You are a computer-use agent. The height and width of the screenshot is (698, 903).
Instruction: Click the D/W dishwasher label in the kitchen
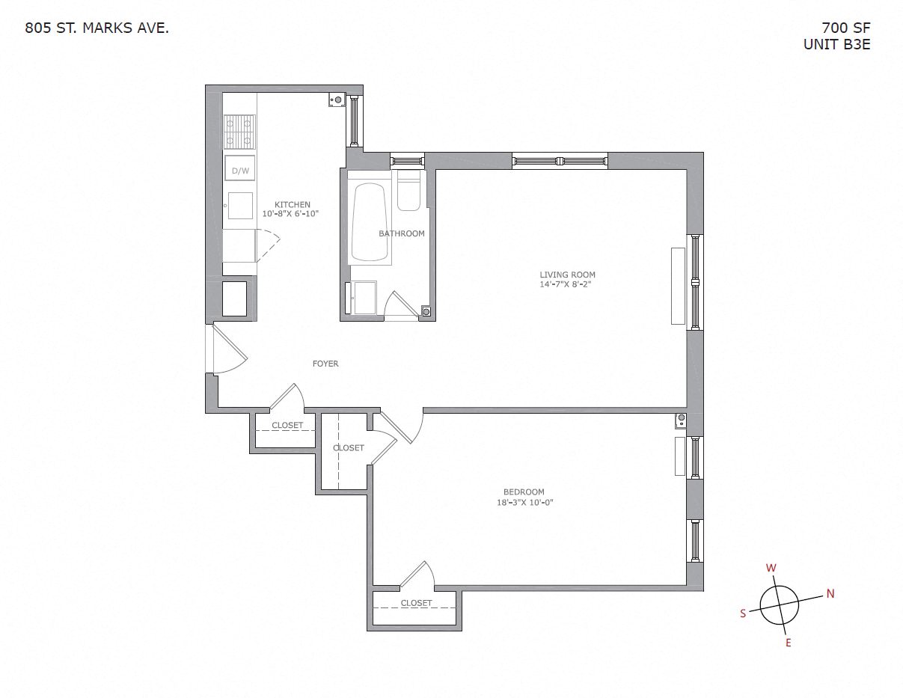click(240, 171)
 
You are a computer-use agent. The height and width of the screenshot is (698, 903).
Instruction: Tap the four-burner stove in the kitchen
click(239, 131)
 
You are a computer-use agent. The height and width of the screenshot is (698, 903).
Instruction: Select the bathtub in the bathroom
click(370, 222)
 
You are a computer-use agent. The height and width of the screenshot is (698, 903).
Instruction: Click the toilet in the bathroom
click(409, 192)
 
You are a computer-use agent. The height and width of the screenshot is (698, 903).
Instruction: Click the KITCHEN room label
click(292, 205)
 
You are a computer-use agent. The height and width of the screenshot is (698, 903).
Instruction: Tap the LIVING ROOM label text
click(567, 275)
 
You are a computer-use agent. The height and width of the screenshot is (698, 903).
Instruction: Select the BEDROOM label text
click(524, 492)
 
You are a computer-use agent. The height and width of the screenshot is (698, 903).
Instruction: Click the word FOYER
click(325, 364)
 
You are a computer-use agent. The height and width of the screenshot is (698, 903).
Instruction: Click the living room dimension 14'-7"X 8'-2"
click(567, 284)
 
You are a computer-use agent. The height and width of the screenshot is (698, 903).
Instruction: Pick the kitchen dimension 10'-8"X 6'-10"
click(291, 214)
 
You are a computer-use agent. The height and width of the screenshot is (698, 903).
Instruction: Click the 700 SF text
click(846, 28)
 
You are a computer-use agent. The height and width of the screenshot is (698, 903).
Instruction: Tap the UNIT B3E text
click(836, 44)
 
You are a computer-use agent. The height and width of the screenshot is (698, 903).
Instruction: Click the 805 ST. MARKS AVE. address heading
click(97, 28)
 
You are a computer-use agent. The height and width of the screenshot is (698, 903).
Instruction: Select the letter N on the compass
click(830, 594)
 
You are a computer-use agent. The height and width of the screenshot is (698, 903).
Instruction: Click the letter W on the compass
click(771, 568)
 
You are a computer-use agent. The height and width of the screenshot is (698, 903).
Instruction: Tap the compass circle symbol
click(780, 604)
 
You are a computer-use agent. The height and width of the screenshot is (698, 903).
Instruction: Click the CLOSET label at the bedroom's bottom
click(416, 603)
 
